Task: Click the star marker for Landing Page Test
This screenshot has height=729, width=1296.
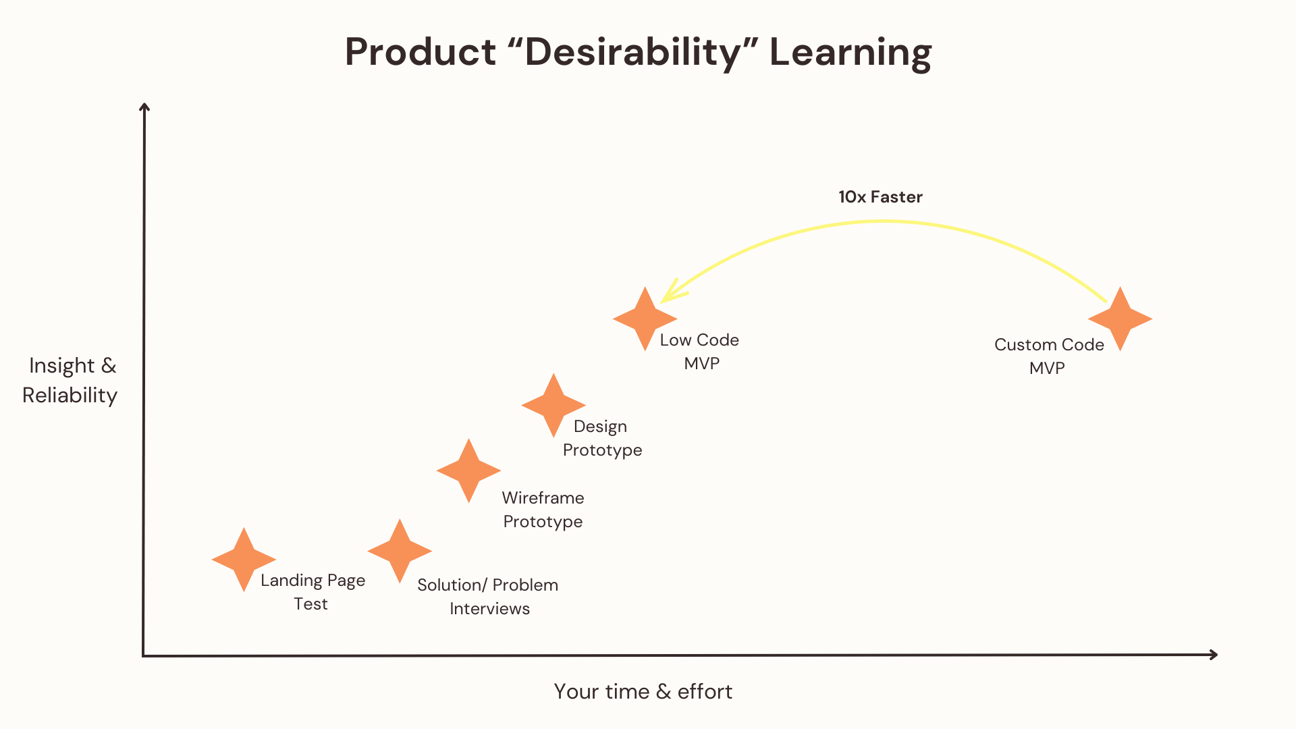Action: coord(244,560)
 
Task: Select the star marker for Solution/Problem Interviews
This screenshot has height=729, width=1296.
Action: coord(400,551)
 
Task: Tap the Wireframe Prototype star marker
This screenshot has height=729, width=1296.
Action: coord(468,470)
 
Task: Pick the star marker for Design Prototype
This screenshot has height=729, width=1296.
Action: coord(553,405)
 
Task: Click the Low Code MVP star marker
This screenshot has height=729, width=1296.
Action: coord(645,319)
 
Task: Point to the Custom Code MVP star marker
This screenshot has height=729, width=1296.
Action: coord(1120,319)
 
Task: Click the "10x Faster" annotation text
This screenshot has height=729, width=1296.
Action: coord(880,196)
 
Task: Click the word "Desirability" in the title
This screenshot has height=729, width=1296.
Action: coord(633,52)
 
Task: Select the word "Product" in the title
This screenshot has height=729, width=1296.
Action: coord(421,52)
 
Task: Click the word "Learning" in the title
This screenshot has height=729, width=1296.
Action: coord(850,53)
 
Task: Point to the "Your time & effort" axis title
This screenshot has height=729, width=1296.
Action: coord(643,691)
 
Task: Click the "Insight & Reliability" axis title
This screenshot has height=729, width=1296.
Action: coord(70,380)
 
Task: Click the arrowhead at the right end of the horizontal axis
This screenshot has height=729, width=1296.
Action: coord(1214,654)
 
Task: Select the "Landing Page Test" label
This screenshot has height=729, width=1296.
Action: coord(313,592)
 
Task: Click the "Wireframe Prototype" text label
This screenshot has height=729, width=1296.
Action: coord(543,510)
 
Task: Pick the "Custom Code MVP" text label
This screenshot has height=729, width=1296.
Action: coord(1049,356)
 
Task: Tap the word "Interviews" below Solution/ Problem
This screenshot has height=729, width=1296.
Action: coord(489,608)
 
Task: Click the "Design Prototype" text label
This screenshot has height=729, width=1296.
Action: coord(602,438)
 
